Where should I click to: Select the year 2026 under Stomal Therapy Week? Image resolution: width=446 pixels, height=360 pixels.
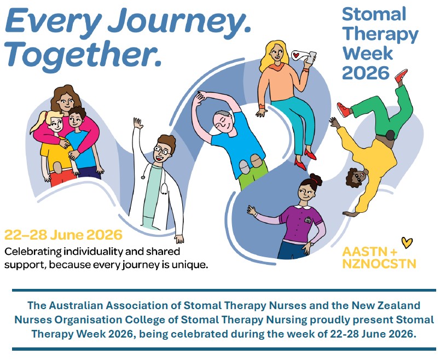coord(366,73)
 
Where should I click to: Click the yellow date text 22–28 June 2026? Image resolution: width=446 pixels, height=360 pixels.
coord(63,235)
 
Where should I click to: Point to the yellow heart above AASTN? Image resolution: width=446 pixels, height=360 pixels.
coord(407,242)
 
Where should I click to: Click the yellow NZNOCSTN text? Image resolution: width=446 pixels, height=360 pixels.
coord(379,264)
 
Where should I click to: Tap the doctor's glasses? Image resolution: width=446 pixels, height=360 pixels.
coord(162,150)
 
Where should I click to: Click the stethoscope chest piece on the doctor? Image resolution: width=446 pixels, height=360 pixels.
coord(164,189)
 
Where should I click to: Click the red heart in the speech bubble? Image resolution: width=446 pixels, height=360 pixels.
coord(296,54)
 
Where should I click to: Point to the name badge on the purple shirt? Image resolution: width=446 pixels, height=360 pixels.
coord(308,219)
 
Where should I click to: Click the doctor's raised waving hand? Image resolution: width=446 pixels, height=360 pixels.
coord(138,124)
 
